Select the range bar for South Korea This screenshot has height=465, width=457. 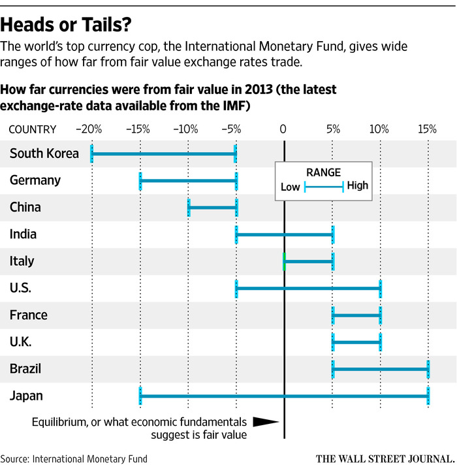point(163,153)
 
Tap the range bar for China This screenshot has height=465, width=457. point(212,208)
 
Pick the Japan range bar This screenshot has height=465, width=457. point(284,396)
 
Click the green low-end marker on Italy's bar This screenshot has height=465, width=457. point(284,262)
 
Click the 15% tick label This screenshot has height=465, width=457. point(428,129)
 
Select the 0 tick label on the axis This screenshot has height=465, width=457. point(283,129)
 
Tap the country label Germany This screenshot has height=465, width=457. point(35,180)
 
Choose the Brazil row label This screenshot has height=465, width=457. point(25,369)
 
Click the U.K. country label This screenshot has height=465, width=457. point(21,342)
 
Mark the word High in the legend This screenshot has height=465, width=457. point(358,186)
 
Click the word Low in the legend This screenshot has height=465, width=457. point(291,186)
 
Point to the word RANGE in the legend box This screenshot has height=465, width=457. point(323,172)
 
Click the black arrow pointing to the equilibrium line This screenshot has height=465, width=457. point(265,423)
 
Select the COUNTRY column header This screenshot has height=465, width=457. point(33,129)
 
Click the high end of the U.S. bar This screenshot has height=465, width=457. point(380,288)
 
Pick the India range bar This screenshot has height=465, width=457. point(285,234)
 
